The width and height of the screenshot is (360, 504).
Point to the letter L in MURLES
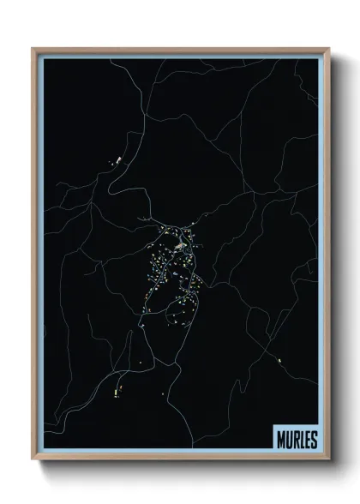click(301, 439)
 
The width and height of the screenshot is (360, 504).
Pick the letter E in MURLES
click(307, 439)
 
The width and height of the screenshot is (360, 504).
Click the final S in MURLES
click(314, 439)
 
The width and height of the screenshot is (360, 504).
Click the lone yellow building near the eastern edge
click(279, 360)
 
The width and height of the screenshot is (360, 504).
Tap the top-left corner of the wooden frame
click(33, 50)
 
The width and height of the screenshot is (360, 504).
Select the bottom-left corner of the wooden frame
click(33, 460)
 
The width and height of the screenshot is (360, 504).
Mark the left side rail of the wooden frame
click(34, 257)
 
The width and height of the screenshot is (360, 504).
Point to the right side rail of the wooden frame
click(327, 257)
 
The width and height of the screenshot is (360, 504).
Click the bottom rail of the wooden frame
click(180, 459)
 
